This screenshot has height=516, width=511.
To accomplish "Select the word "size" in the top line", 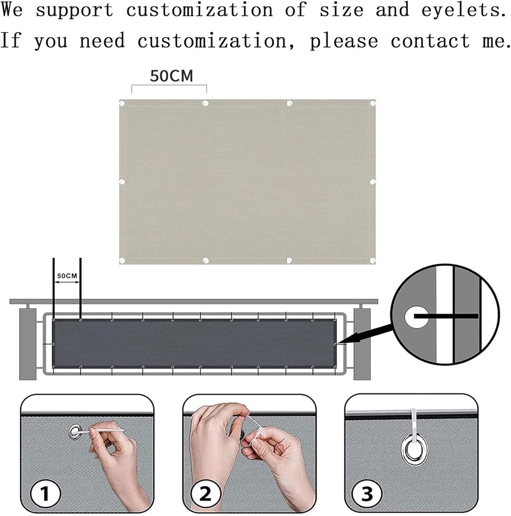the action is (x=342, y=9).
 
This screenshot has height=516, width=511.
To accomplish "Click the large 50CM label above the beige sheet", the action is (x=171, y=76).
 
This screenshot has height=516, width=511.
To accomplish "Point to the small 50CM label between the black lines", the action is (x=67, y=276).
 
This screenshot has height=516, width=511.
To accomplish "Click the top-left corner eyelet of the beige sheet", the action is (x=122, y=103).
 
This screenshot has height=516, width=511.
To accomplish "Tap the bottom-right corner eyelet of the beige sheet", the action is (x=372, y=260).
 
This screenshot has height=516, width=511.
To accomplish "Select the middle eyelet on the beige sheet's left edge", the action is (x=122, y=182).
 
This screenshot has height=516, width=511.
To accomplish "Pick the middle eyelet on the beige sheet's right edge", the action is (x=372, y=182).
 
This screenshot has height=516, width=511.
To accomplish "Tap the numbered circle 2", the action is (x=206, y=493).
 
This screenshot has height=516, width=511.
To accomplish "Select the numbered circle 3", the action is (x=366, y=493).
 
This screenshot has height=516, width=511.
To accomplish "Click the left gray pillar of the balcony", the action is (x=28, y=344).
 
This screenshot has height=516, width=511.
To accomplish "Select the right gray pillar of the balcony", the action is (x=362, y=344).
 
